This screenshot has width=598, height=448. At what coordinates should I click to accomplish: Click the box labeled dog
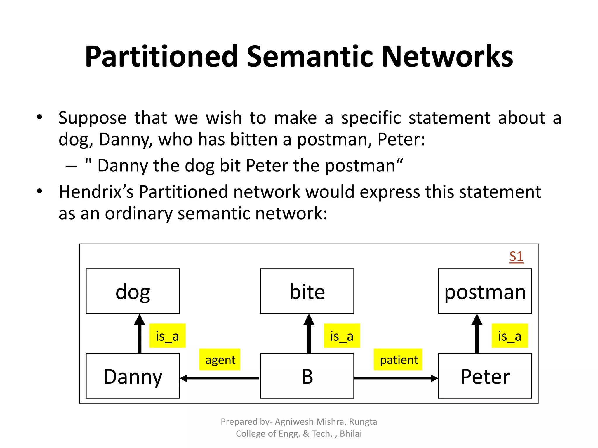(x=133, y=291)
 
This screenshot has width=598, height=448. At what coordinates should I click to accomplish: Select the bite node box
(x=307, y=291)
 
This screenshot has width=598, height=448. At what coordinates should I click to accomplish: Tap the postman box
(x=485, y=291)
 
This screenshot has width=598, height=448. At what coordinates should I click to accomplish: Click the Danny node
(x=133, y=376)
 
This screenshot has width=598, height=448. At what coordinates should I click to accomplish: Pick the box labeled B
(x=307, y=376)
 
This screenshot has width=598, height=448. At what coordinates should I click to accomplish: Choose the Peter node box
(x=485, y=376)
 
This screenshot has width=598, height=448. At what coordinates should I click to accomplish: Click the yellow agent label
(x=220, y=360)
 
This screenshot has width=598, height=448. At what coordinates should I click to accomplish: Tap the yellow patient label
(x=398, y=360)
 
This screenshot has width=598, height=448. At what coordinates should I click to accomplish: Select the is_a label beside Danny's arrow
(x=167, y=336)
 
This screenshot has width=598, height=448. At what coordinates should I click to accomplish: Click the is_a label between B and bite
(x=342, y=336)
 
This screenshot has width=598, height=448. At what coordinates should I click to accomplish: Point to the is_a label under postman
(x=510, y=336)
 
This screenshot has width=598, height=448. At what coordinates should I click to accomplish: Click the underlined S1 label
(x=516, y=257)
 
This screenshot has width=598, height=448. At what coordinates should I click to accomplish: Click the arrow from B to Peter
(x=396, y=378)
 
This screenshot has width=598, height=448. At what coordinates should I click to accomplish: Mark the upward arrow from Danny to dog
(x=140, y=334)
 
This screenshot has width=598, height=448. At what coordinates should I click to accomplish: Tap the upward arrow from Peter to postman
(x=477, y=334)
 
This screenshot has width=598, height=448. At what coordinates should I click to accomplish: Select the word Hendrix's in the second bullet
(x=96, y=192)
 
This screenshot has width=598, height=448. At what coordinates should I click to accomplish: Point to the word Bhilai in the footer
(x=350, y=433)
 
